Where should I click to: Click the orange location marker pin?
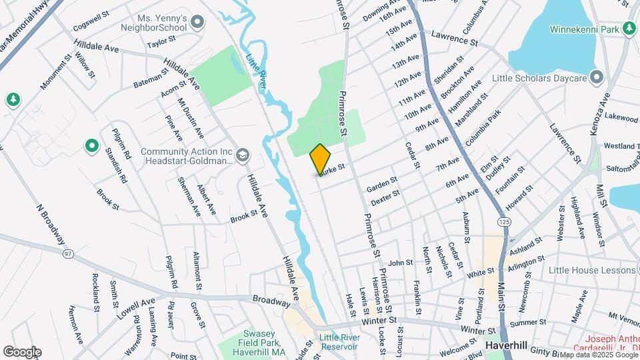tap(320, 159)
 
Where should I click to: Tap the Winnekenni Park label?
tap(585, 29)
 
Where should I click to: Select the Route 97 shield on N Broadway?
tap(68, 254)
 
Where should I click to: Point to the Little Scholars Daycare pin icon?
tap(597, 77)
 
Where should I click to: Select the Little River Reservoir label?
tap(339, 341)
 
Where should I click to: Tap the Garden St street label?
tap(383, 183)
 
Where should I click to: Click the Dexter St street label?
tap(385, 197)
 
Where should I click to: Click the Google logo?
tap(22, 351)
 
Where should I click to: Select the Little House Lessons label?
tap(591, 270)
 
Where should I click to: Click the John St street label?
tap(401, 263)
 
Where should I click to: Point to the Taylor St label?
tap(161, 44)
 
